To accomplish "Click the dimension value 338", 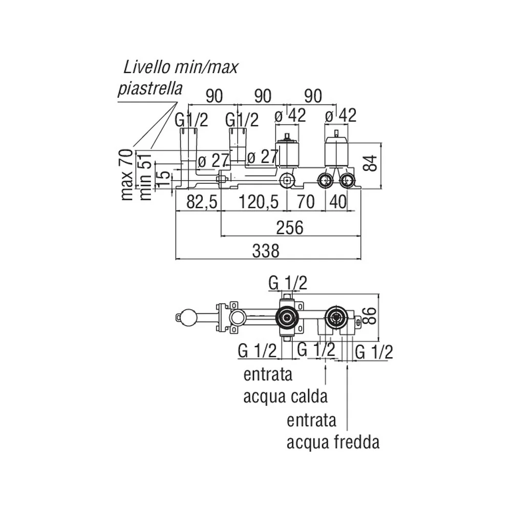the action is point(266,251).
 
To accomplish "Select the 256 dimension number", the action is point(290,227).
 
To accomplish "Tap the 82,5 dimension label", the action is point(201,202).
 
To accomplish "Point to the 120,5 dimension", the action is point(259,202).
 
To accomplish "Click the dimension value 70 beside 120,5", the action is point(306,202).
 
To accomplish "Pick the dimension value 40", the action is point(337,202).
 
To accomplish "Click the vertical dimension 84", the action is point(370,163).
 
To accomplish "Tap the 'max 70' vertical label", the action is point(127,175).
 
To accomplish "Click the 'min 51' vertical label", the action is point(145,176).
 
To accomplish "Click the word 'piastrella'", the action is point(150,88).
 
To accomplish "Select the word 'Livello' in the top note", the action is point(147,67).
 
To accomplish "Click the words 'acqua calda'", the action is point(285,397).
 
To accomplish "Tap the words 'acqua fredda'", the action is point(333,442).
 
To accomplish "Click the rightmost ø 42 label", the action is point(340,115).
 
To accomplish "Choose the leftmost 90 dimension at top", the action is point(214,96).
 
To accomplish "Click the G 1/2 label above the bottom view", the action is point(288,283).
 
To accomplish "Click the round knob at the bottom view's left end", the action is point(185,316).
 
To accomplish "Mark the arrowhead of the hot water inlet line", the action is point(326,367).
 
